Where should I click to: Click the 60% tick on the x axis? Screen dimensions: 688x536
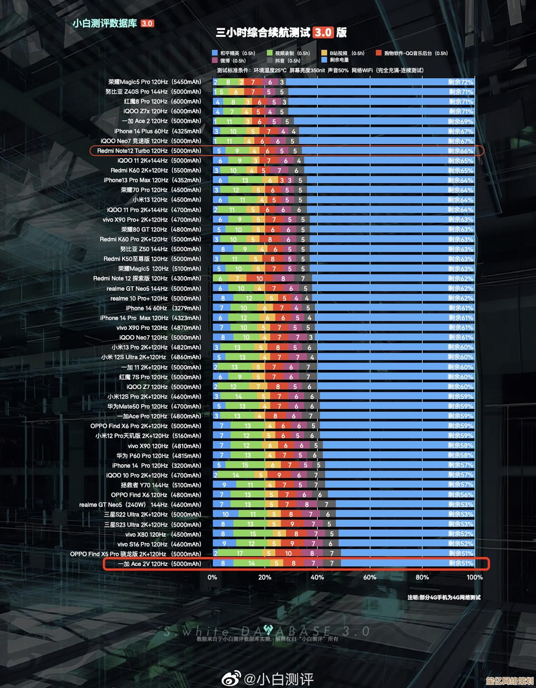pyautogui.click(x=369, y=577)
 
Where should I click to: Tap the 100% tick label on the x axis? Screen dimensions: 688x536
pyautogui.click(x=474, y=577)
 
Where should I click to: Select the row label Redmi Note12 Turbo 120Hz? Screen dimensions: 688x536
pyautogui.click(x=149, y=151)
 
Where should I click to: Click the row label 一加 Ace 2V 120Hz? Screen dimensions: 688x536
pyautogui.click(x=159, y=564)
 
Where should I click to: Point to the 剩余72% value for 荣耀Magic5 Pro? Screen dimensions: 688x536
pyautogui.click(x=460, y=82)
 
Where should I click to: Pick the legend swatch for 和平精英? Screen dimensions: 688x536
pyautogui.click(x=215, y=53)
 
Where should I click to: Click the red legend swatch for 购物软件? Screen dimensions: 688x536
pyautogui.click(x=379, y=53)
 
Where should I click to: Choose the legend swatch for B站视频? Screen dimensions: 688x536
pyautogui.click(x=324, y=53)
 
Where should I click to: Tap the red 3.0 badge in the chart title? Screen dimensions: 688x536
pyautogui.click(x=323, y=33)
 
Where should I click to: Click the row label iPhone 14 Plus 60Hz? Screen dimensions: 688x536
pyautogui.click(x=157, y=131)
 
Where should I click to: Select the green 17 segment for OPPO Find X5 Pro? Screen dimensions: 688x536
pyautogui.click(x=240, y=553)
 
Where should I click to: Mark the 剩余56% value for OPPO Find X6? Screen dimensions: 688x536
pyautogui.click(x=460, y=495)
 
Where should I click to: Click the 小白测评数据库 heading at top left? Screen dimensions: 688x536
pyautogui.click(x=105, y=24)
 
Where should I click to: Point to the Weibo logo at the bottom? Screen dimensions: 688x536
pyautogui.click(x=231, y=678)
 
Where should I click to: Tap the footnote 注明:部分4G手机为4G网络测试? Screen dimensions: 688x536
pyautogui.click(x=444, y=598)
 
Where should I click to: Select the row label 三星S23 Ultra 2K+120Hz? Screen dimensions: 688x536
pyautogui.click(x=152, y=525)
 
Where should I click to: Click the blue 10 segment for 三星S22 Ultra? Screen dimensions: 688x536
pyautogui.click(x=225, y=514)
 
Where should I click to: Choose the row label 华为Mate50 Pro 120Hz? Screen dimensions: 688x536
pyautogui.click(x=154, y=406)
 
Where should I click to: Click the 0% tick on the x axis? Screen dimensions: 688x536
pyautogui.click(x=212, y=577)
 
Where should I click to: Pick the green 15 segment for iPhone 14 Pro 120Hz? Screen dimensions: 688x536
pyautogui.click(x=245, y=465)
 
